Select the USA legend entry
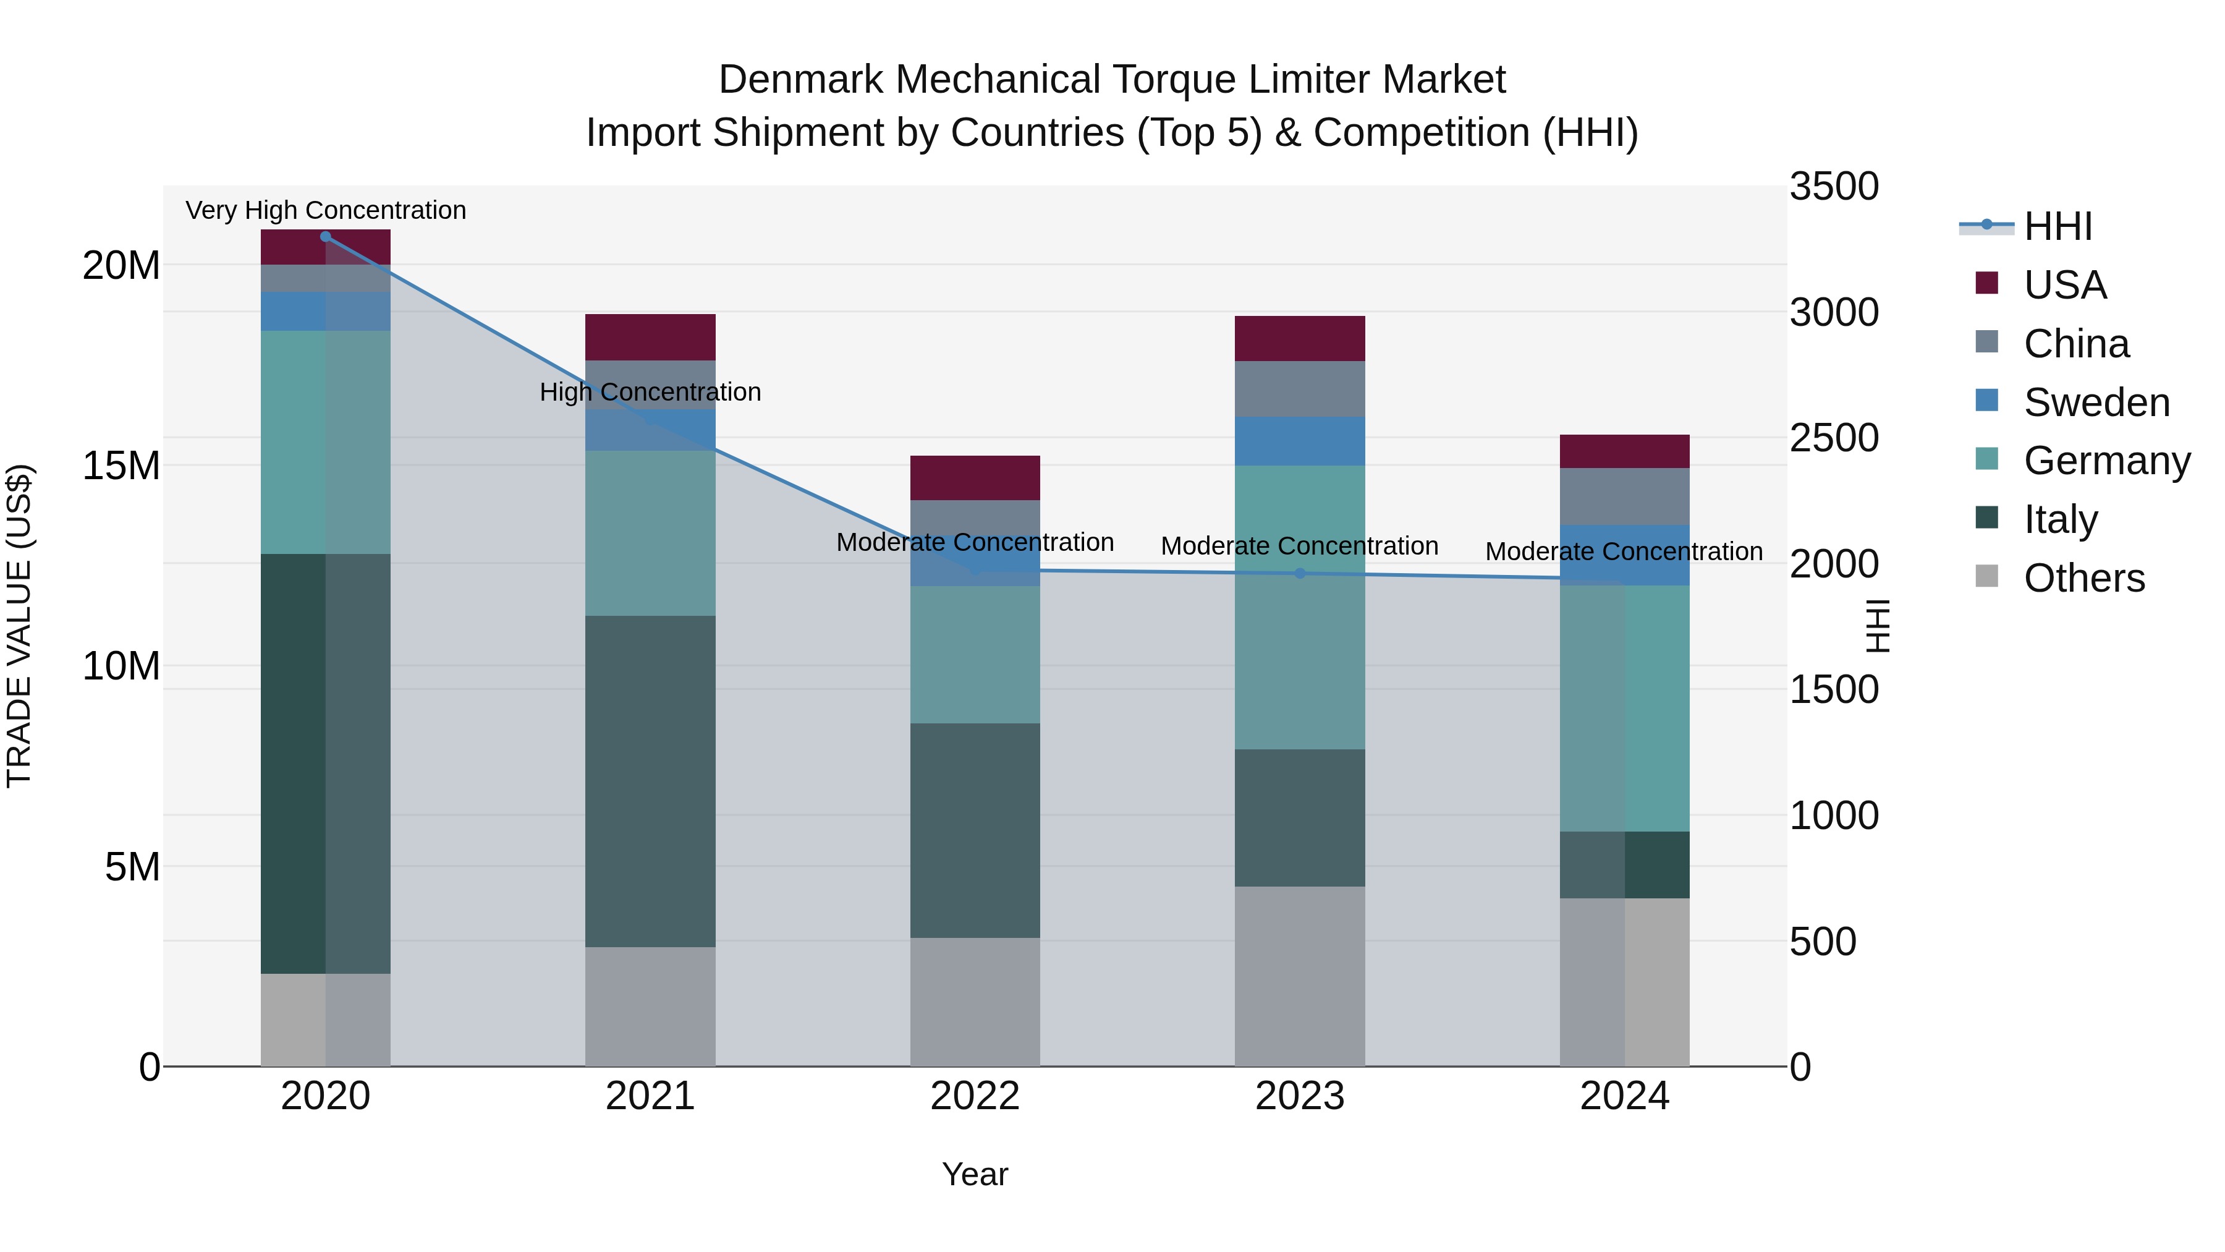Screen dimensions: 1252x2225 [2064, 285]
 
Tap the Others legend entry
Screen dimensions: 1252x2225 [2083, 578]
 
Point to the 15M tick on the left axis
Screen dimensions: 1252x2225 [121, 466]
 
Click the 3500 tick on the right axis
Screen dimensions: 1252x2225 [1833, 187]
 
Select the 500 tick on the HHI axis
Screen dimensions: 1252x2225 [1823, 941]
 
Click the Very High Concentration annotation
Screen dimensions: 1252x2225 [326, 210]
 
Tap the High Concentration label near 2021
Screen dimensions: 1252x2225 [650, 392]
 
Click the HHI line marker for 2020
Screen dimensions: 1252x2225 [326, 237]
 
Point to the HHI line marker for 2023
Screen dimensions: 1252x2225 [1300, 574]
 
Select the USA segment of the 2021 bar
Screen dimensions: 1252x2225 [650, 337]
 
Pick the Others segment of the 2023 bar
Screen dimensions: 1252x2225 [1300, 976]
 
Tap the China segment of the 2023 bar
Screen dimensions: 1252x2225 [1300, 389]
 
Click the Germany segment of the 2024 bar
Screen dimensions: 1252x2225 [1624, 709]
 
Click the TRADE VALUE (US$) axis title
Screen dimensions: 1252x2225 [19, 626]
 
